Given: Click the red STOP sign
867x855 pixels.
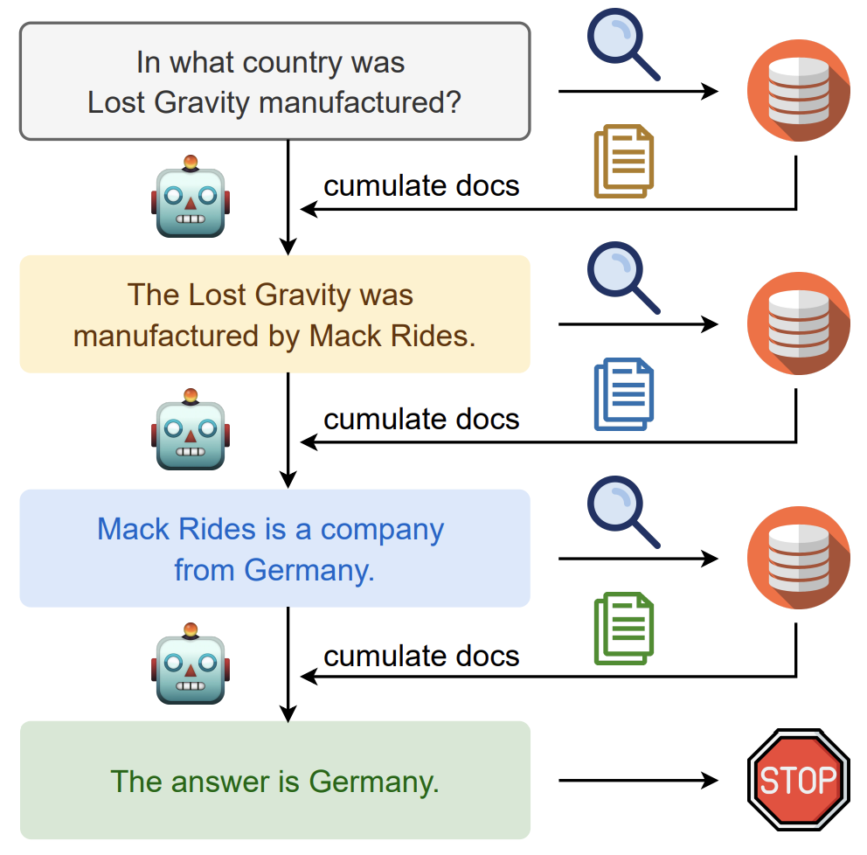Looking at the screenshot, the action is pyautogui.click(x=799, y=780).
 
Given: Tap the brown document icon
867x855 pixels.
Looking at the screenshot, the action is pyautogui.click(x=624, y=161).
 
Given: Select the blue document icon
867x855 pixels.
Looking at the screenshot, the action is pyautogui.click(x=624, y=393).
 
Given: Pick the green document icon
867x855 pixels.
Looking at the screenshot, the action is pyautogui.click(x=624, y=629).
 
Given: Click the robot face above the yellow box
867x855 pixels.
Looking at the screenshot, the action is pyautogui.click(x=191, y=197).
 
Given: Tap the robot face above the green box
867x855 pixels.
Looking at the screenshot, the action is pyautogui.click(x=191, y=663).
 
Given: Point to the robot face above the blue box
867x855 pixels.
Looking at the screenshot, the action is pyautogui.click(x=191, y=429).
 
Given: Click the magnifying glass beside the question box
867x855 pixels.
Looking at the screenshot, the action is pyautogui.click(x=623, y=45).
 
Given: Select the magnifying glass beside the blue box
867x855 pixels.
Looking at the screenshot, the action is pyautogui.click(x=623, y=511).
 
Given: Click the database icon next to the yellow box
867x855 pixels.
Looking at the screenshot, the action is pyautogui.click(x=799, y=323).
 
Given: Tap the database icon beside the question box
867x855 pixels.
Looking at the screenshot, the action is pyautogui.click(x=799, y=90).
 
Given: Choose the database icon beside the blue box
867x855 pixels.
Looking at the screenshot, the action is pyautogui.click(x=799, y=558).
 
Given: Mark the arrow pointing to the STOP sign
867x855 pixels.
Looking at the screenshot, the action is pyautogui.click(x=639, y=781).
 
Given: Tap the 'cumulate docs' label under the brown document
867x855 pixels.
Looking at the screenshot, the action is pyautogui.click(x=421, y=186).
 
